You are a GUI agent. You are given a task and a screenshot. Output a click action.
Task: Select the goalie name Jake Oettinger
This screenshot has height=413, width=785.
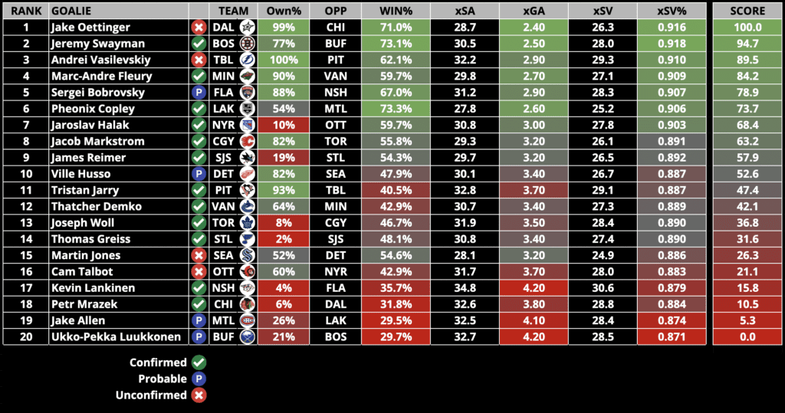pos(90,28)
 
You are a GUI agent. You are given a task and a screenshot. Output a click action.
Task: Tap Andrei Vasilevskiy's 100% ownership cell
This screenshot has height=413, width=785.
pos(284,60)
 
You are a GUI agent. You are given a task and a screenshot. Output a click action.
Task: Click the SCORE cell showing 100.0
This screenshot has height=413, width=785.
pos(747,28)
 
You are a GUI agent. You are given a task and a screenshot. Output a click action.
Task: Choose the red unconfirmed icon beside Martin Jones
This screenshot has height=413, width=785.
pos(199,255)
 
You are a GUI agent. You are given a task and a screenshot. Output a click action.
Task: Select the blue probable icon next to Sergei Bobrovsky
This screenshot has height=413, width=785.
pos(199,93)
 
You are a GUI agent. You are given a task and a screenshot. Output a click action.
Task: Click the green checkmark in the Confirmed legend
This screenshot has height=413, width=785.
pos(199,362)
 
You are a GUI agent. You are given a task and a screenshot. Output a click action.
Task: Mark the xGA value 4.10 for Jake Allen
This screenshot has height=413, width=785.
pos(534,320)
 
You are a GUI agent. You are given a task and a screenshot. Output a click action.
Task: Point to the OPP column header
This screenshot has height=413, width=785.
pos(335,11)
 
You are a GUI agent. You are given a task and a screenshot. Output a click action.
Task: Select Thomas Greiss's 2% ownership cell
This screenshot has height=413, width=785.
pos(284,239)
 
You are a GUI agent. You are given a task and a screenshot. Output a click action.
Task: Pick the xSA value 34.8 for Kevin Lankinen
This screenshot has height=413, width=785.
pos(465,288)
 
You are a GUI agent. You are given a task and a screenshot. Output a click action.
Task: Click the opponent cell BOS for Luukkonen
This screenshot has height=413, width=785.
pos(335,336)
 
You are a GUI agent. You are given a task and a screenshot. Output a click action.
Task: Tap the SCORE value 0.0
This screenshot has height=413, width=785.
pos(747,336)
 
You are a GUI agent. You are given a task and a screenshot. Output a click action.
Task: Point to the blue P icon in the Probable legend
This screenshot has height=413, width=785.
pos(199,379)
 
